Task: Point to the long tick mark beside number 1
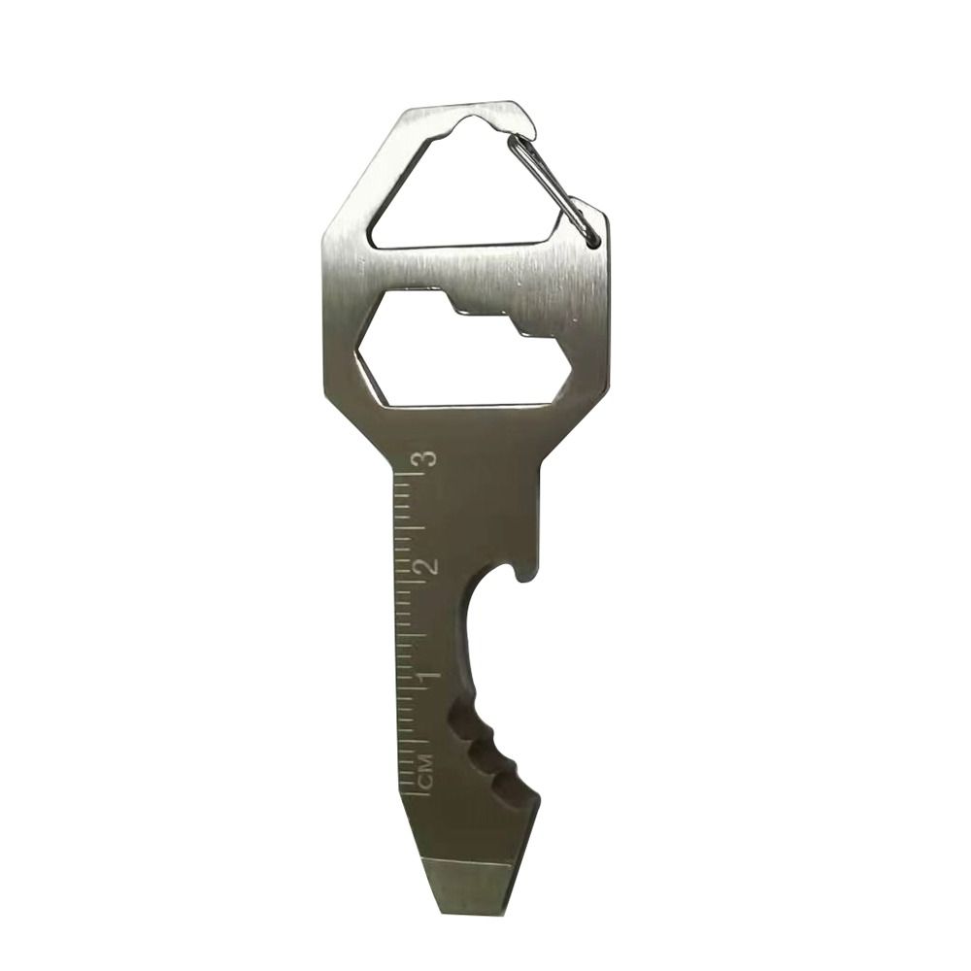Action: [411, 688]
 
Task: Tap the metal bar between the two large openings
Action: [466, 267]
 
